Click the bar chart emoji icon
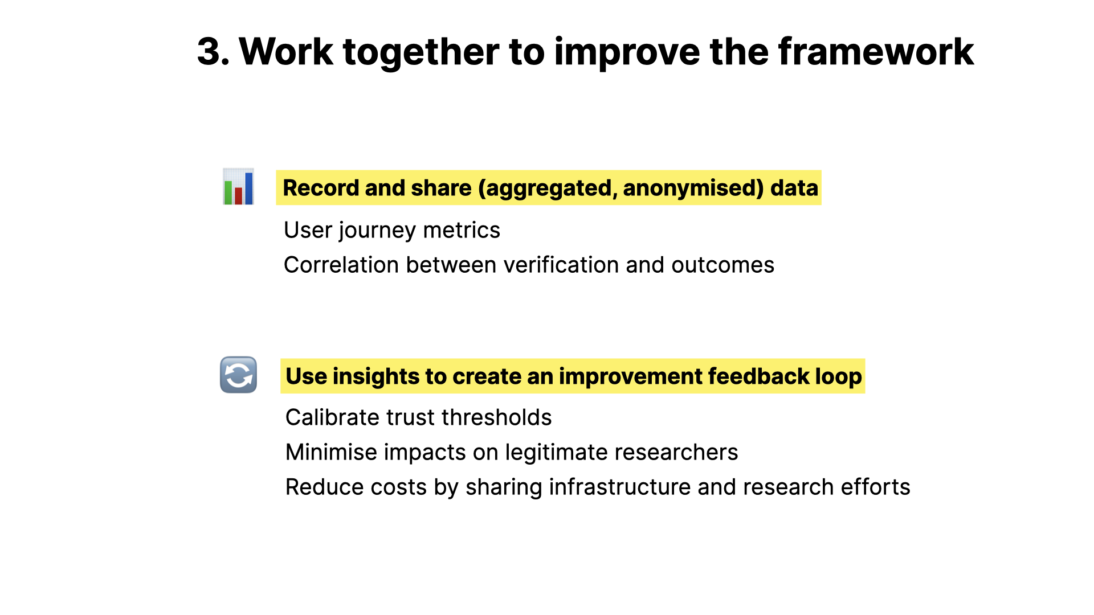pyautogui.click(x=238, y=187)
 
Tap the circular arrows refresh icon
pyautogui.click(x=238, y=375)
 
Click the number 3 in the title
pyautogui.click(x=209, y=52)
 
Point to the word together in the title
pyautogui.click(x=421, y=52)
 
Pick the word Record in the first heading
pyautogui.click(x=320, y=188)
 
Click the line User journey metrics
pyautogui.click(x=391, y=230)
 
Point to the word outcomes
pyautogui.click(x=722, y=265)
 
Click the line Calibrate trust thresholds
pyautogui.click(x=418, y=417)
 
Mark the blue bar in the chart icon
pyautogui.click(x=248, y=188)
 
